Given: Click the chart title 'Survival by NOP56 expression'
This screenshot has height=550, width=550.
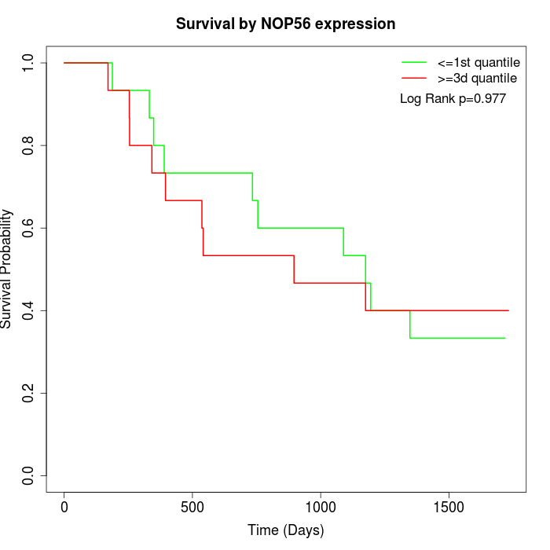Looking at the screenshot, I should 285,24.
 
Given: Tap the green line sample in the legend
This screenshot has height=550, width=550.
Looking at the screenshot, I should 414,62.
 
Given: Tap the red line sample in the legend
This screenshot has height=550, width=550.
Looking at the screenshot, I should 414,78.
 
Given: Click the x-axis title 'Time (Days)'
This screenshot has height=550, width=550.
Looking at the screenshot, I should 285,530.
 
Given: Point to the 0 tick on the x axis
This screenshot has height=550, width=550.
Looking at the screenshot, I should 64,506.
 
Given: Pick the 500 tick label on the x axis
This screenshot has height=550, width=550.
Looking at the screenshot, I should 192,506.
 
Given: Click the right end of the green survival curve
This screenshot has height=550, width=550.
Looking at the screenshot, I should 504,338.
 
